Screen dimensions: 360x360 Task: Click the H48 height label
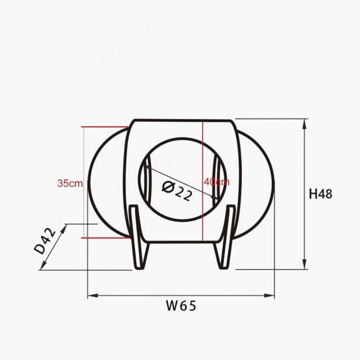(x=320, y=194)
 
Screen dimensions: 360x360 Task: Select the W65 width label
(x=181, y=306)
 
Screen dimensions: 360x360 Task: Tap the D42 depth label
(x=46, y=241)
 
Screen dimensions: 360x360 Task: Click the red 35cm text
(x=70, y=183)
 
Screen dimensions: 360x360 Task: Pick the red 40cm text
(x=217, y=182)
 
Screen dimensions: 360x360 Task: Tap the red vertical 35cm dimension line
(x=84, y=155)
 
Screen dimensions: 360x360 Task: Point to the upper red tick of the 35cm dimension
(x=104, y=127)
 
